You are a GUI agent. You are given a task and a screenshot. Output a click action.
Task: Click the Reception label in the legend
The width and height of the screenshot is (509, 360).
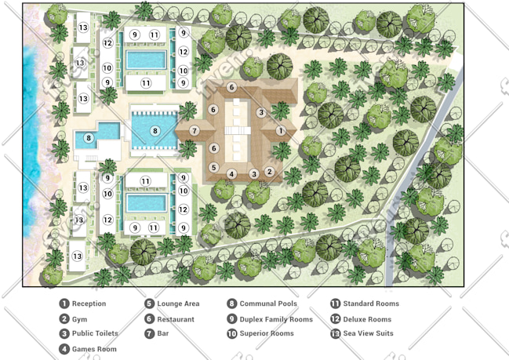pyautogui.click(x=89, y=304)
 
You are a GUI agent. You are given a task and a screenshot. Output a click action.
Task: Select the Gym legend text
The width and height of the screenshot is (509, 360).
pyautogui.click(x=79, y=319)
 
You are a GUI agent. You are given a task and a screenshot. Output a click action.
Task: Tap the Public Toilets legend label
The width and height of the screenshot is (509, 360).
pyautogui.click(x=95, y=333)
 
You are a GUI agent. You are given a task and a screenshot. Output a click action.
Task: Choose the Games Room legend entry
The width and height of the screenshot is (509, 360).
pyautogui.click(x=94, y=349)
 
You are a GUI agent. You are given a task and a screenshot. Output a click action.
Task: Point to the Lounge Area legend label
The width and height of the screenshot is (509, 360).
pyautogui.click(x=178, y=304)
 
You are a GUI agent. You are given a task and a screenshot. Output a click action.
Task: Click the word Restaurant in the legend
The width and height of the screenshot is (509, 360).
pyautogui.click(x=176, y=319)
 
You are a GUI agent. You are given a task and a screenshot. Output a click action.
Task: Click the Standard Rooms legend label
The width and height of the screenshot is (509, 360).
pyautogui.click(x=371, y=304)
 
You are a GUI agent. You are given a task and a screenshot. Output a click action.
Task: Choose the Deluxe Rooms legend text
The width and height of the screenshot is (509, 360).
pyautogui.click(x=367, y=319)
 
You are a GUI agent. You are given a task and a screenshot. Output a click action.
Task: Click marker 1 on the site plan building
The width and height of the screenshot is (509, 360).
pyautogui.click(x=281, y=131)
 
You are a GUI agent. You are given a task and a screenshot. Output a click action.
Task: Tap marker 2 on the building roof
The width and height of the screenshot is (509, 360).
pyautogui.click(x=270, y=172)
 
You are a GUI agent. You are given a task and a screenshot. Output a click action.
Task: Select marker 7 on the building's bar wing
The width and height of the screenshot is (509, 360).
pyautogui.click(x=195, y=131)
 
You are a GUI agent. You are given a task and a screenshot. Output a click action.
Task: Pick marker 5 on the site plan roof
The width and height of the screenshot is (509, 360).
pyautogui.click(x=213, y=168)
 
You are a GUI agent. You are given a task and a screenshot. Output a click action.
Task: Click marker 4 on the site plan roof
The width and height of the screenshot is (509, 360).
pyautogui.click(x=231, y=174)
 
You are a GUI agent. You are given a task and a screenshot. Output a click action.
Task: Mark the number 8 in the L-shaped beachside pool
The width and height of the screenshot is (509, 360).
pyautogui.click(x=89, y=137)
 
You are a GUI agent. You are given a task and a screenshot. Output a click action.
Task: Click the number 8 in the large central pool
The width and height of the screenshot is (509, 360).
pyautogui.click(x=155, y=131)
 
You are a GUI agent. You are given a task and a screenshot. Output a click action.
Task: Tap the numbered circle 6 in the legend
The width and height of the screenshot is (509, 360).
pyautogui.click(x=149, y=319)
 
